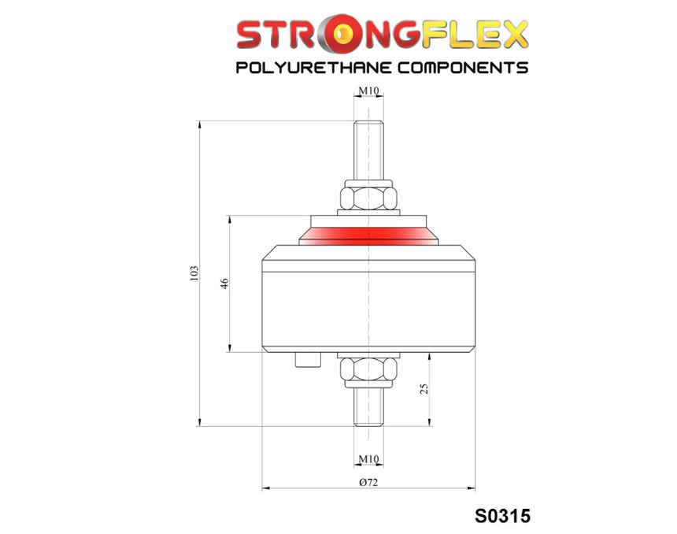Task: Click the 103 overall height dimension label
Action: coord(194,274)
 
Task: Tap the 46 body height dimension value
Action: coord(224,284)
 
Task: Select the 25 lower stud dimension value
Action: coord(424,388)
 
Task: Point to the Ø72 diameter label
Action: coord(368,482)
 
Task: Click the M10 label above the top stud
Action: coord(368,91)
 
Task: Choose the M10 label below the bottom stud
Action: coord(368,459)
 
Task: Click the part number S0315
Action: coord(502,517)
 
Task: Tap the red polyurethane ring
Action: coord(368,236)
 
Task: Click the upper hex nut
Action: coord(368,198)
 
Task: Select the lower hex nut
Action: coord(368,369)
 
